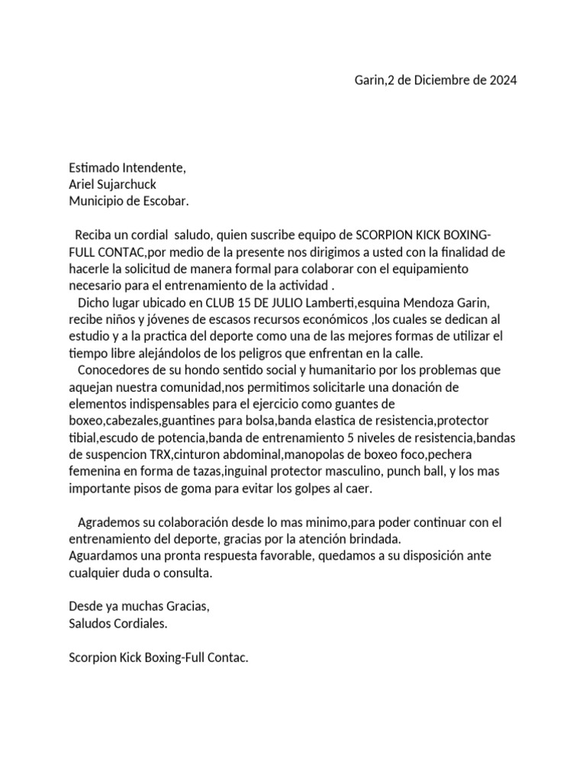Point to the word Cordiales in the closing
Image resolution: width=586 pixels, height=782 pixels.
[138, 622]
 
